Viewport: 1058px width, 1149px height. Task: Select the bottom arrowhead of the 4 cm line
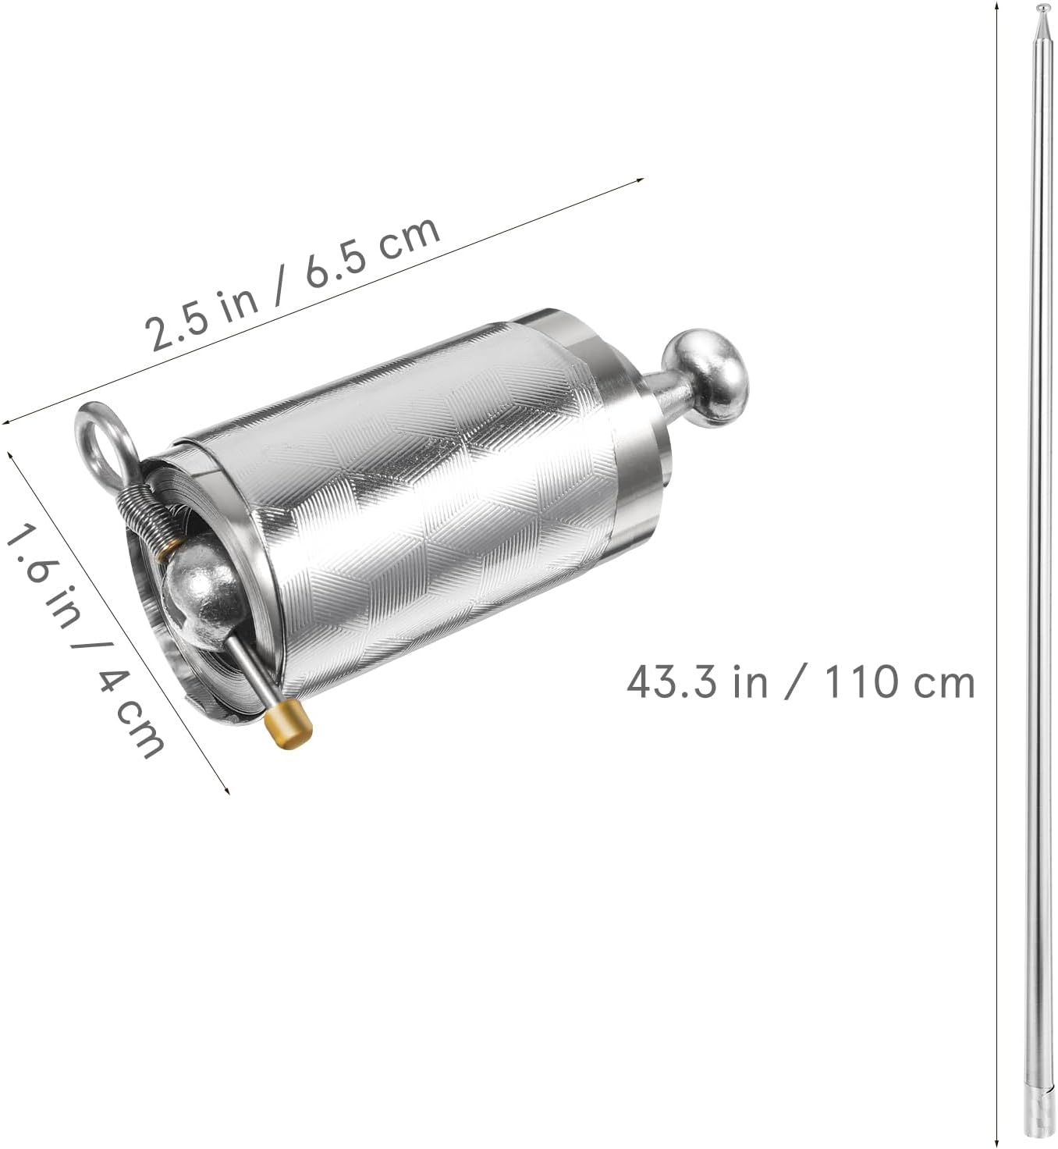click(x=228, y=790)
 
